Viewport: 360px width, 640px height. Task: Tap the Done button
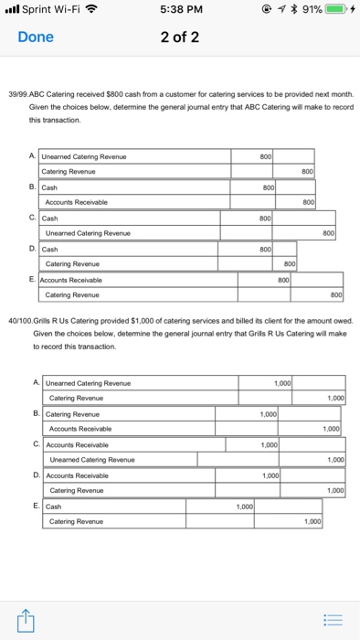(36, 37)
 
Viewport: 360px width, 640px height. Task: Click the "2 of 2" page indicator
(180, 37)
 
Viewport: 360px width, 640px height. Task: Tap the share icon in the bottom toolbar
(24, 619)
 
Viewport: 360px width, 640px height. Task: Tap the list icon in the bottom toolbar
(335, 619)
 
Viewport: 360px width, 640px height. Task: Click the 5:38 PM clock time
(180, 11)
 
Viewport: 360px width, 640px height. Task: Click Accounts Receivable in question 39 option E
(73, 280)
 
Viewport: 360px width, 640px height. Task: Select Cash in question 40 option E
(54, 506)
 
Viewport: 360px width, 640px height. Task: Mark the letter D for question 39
(34, 249)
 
